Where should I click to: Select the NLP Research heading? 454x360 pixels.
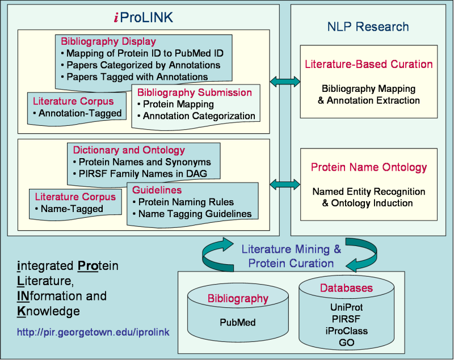[x=368, y=26]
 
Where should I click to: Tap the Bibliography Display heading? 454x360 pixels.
[x=108, y=41]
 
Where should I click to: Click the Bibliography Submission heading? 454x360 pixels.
[x=195, y=92]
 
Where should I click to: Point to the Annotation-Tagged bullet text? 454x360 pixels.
[x=77, y=113]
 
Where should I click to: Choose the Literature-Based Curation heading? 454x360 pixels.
[x=368, y=64]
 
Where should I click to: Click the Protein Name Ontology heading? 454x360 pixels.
[x=368, y=167]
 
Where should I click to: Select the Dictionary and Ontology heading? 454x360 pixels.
[x=129, y=150]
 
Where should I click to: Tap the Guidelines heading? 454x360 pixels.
[x=157, y=190]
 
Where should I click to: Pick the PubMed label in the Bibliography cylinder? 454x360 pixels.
[x=238, y=322]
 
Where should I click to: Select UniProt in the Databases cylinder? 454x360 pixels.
[x=346, y=307]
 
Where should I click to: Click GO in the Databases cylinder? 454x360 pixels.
[x=346, y=342]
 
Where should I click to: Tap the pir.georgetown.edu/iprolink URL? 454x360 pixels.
[x=94, y=331]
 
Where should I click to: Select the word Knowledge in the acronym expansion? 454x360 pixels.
[x=49, y=311]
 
